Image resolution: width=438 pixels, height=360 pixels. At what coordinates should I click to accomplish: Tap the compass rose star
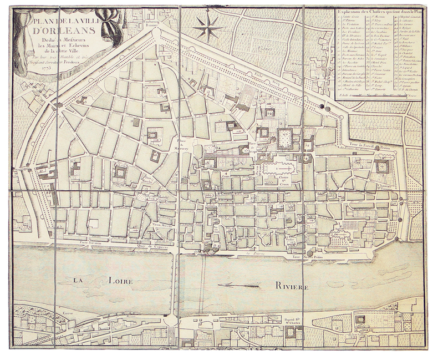(x=208, y=27)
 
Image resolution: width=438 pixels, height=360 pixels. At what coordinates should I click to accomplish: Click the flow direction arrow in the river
(x=238, y=286)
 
